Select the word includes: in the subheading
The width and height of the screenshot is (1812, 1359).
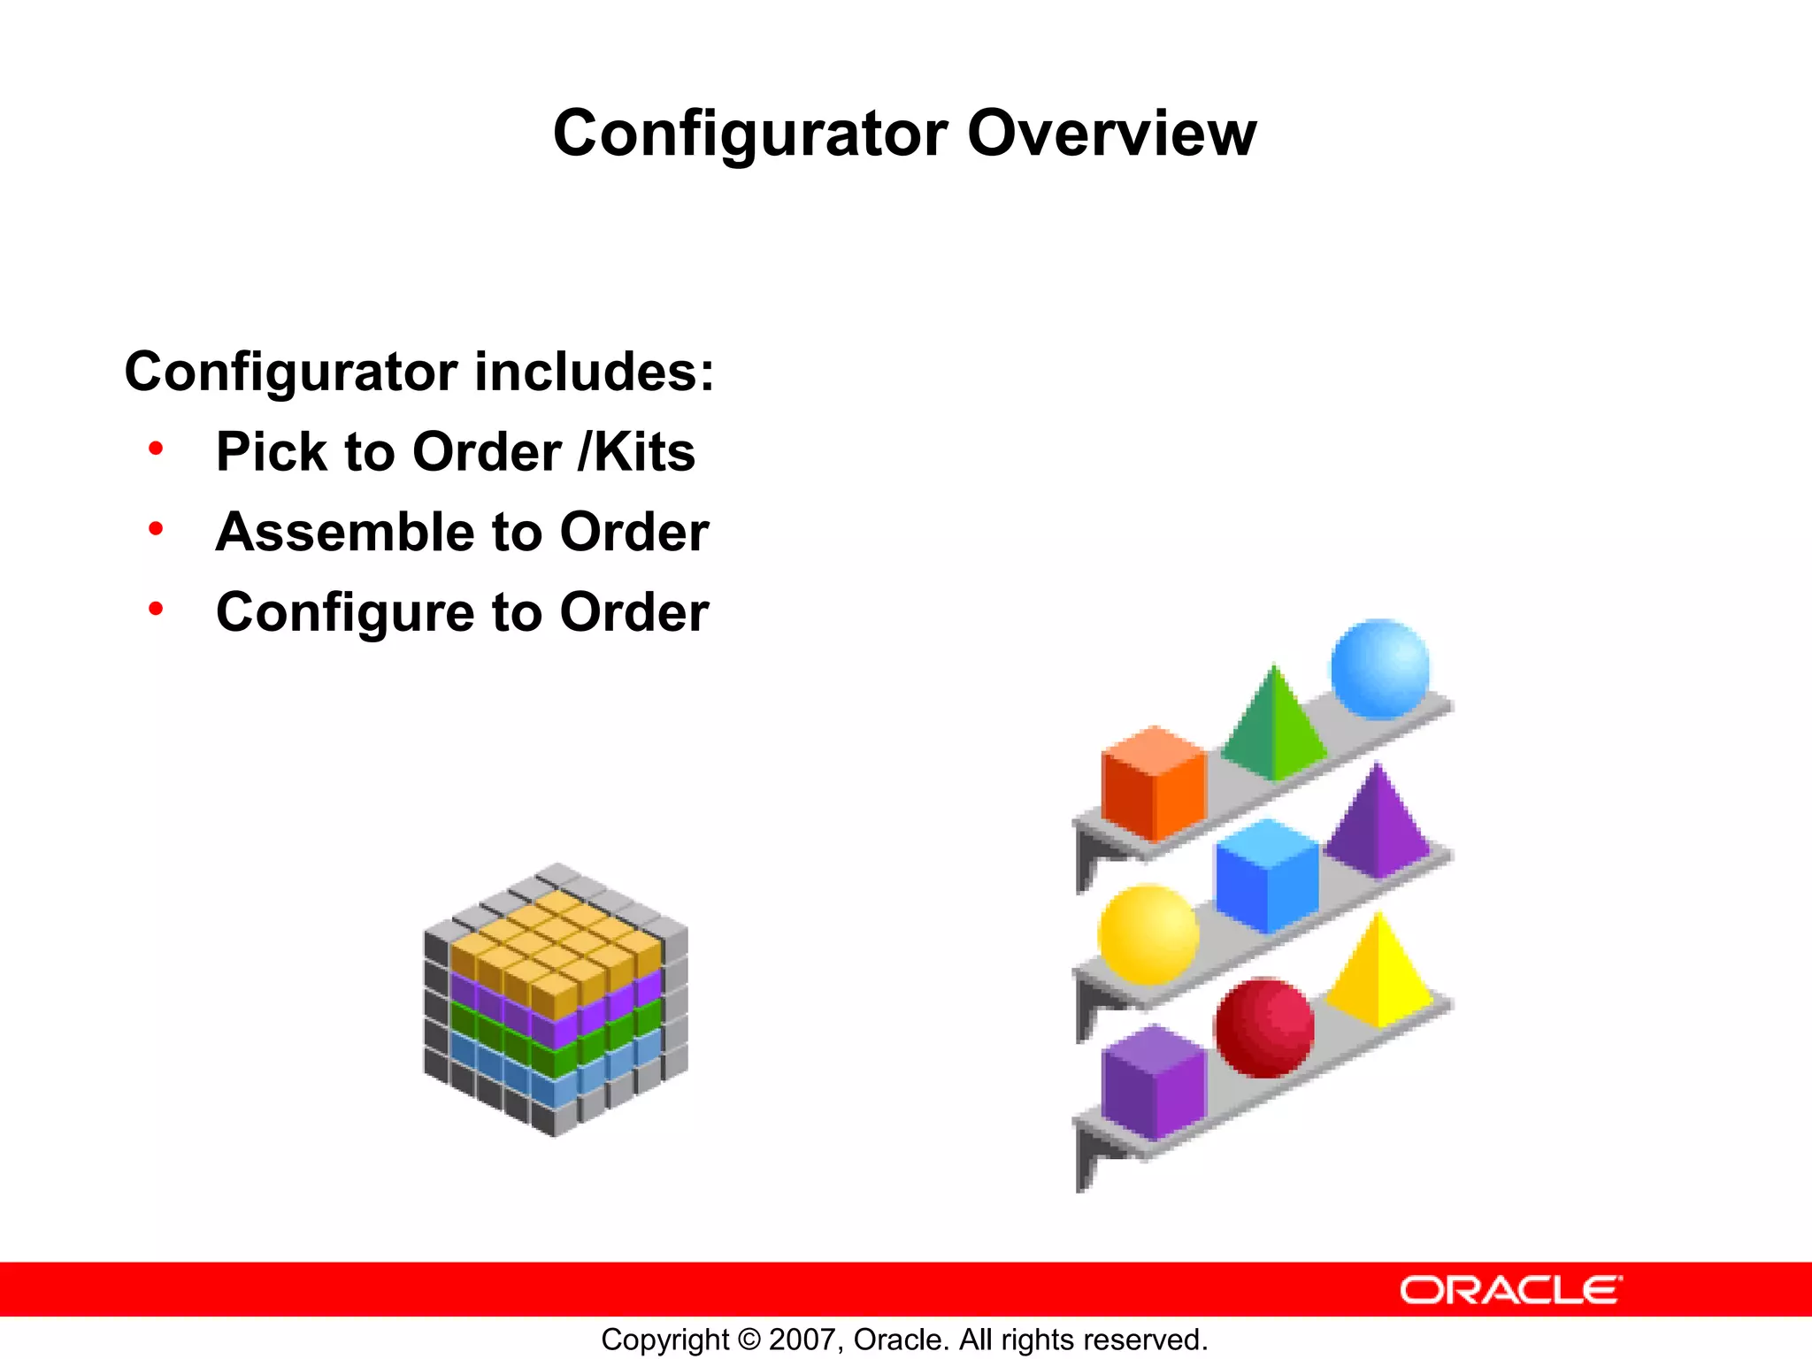pos(594,372)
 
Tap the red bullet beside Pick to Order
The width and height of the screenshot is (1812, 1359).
pos(157,449)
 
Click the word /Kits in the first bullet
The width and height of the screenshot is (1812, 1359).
pos(636,452)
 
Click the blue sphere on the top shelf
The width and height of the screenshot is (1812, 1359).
pos(1379,668)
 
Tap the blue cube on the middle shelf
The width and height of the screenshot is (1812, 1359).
pos(1266,876)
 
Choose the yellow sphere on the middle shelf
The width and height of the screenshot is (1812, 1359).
pos(1148,934)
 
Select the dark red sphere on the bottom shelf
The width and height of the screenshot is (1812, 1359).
pos(1263,1027)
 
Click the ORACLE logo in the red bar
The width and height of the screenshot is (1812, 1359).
pos(1510,1290)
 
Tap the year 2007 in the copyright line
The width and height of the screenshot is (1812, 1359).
pos(802,1340)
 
